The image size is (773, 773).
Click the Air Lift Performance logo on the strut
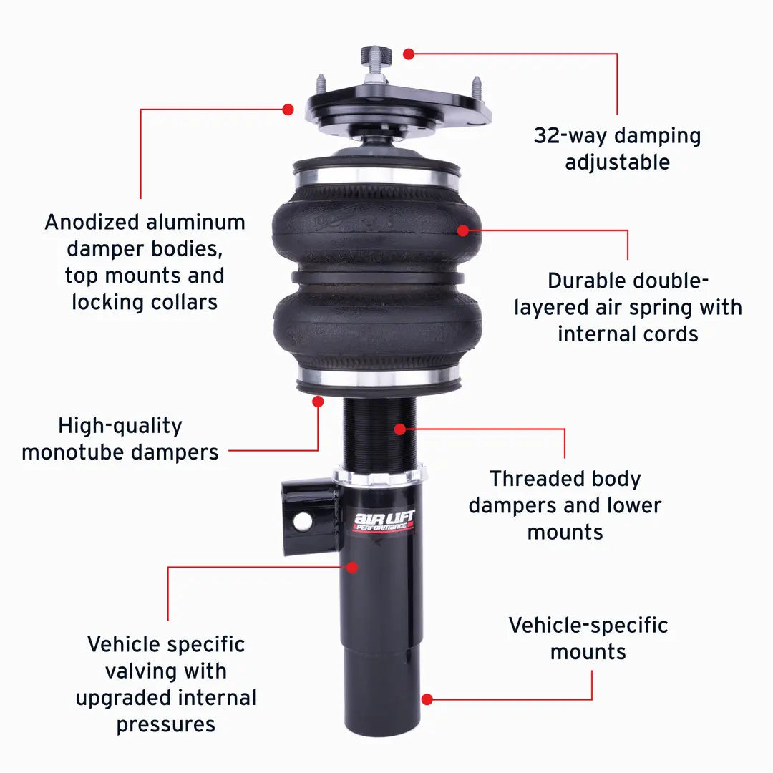pos(384,521)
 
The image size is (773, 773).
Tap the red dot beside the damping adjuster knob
pos(409,54)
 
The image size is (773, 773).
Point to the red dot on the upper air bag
pos(463,230)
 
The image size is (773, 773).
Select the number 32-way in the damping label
pos(571,135)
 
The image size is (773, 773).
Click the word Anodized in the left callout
pos(92,223)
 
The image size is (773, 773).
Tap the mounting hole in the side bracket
pos(302,521)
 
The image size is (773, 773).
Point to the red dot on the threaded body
pos(400,429)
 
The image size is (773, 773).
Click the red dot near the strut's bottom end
pos(427,699)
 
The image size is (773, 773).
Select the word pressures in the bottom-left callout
pos(165,725)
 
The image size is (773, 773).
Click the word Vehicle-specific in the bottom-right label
pos(588,626)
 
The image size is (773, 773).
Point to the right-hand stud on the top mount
pos(477,88)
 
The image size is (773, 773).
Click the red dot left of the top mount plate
pos(288,110)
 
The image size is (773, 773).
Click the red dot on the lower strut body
pos(352,567)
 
